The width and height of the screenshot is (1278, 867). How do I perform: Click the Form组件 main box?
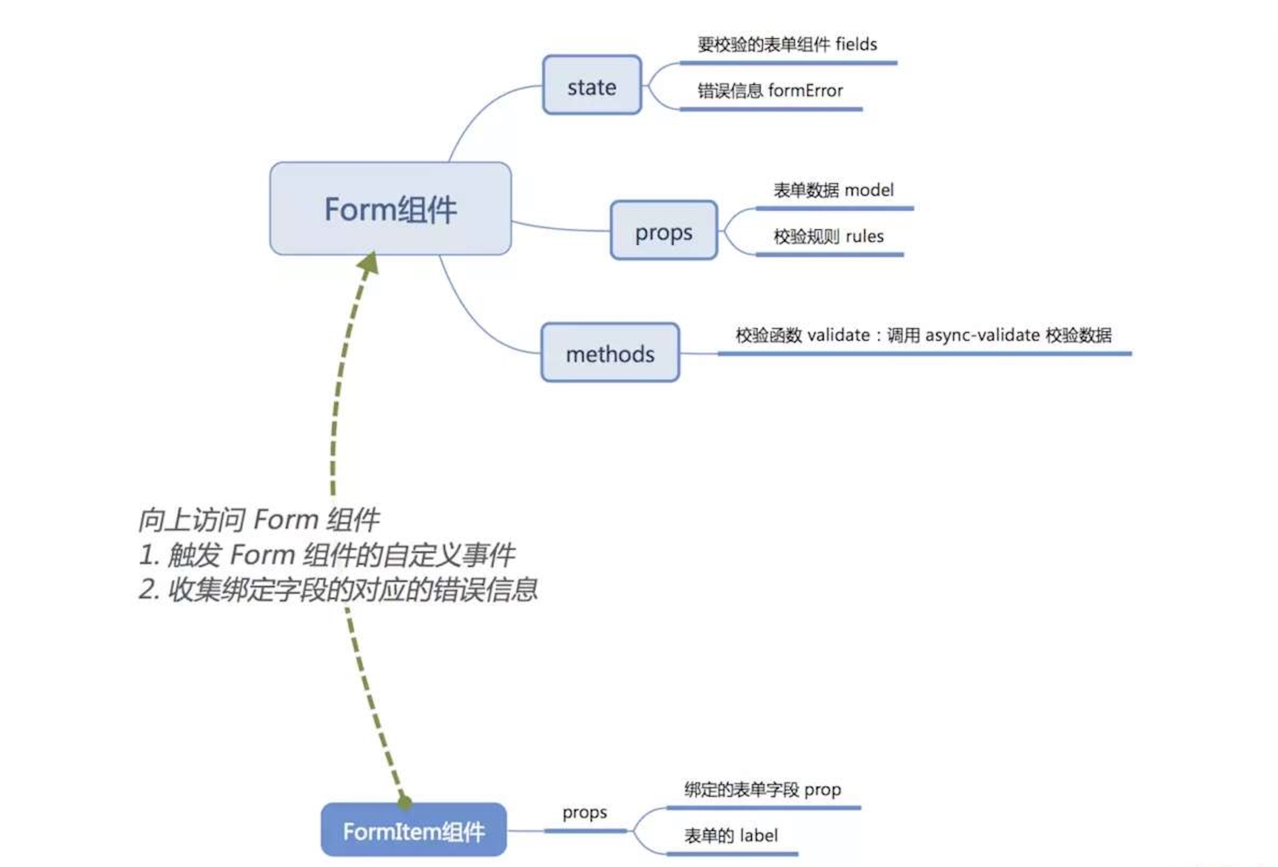390,209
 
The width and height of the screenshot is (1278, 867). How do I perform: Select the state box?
592,85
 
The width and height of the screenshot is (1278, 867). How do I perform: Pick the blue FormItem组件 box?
413,830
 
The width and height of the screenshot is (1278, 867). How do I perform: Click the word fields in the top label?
856,44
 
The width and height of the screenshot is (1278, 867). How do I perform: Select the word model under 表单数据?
869,190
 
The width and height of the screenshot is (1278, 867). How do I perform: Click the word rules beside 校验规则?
865,237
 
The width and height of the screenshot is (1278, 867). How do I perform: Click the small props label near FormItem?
584,812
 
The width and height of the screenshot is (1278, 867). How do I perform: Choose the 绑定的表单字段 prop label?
762,789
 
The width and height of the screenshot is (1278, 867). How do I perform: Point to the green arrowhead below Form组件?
369,263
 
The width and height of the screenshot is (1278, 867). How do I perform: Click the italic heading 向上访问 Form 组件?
258,519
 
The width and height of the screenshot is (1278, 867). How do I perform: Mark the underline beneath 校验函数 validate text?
924,354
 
